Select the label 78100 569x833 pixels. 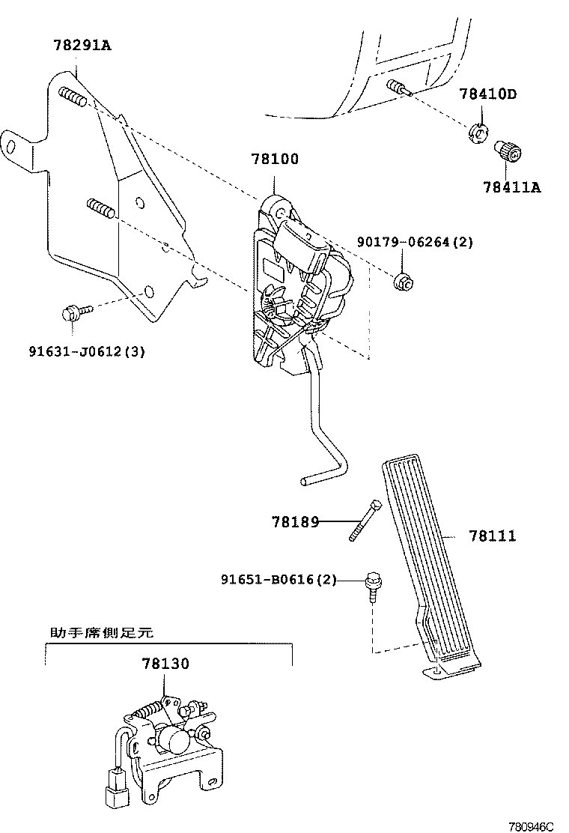275,160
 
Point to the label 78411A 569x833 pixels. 511,187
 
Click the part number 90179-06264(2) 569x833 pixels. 415,243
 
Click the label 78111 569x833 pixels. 492,536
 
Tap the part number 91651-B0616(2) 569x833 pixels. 279,580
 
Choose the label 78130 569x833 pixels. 165,664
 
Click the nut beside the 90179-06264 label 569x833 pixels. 402,279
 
